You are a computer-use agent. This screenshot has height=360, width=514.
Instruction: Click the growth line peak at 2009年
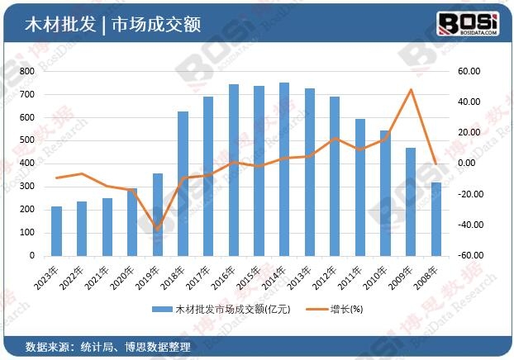(411, 89)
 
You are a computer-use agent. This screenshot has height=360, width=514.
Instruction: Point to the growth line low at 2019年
(158, 230)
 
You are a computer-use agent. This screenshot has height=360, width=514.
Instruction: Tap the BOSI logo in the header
(467, 21)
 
